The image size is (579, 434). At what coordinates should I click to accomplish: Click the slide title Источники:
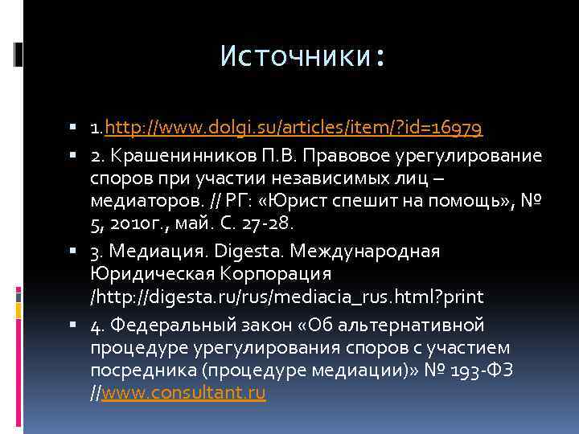pos(303,57)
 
